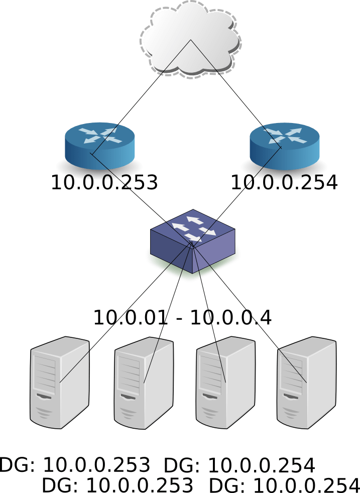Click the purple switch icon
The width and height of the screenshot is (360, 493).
[192, 241]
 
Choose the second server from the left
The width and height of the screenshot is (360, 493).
[144, 384]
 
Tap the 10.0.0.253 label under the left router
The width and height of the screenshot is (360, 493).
[104, 183]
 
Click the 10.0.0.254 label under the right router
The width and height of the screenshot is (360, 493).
[284, 183]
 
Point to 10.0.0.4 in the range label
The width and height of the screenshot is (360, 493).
[231, 318]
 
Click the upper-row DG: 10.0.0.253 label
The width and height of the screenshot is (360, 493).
[75, 465]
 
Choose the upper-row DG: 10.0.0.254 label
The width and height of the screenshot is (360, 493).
[239, 465]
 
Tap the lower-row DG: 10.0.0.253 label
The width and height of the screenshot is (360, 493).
[117, 485]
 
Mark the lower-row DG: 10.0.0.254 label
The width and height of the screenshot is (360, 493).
[284, 485]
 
